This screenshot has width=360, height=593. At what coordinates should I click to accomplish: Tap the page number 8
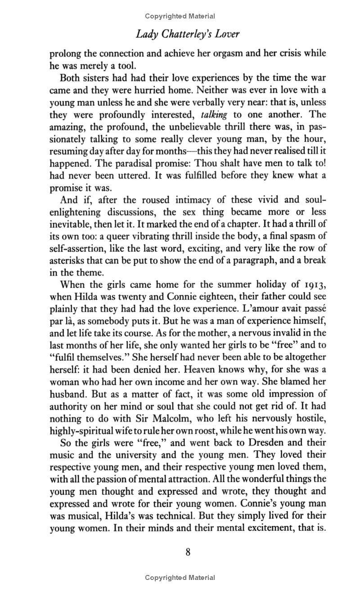click(188, 552)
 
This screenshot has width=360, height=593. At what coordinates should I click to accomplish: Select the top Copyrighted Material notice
click(180, 16)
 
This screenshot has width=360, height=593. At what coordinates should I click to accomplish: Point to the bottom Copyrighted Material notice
click(180, 578)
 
